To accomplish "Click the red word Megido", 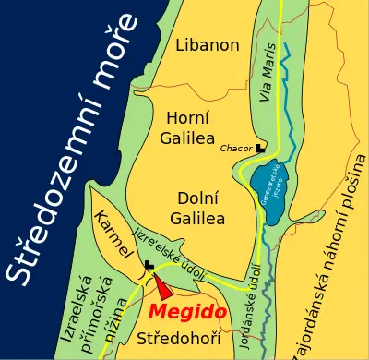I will (x=187, y=310).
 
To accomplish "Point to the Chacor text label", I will (x=237, y=148).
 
